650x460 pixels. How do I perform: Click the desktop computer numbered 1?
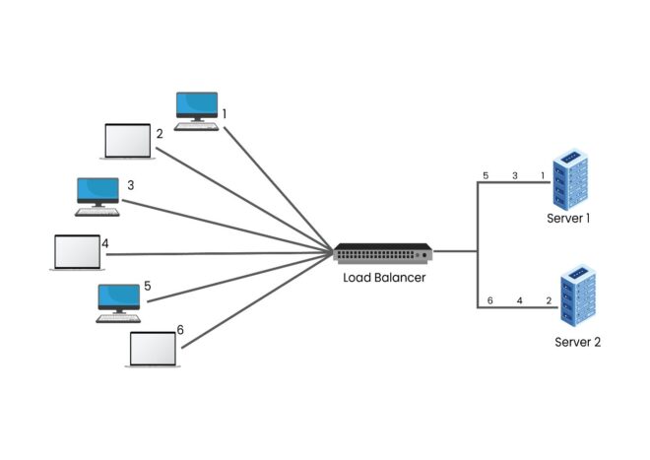pyautogui.click(x=197, y=108)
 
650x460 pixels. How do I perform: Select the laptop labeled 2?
pyautogui.click(x=129, y=142)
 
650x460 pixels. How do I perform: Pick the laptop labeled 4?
pyautogui.click(x=78, y=252)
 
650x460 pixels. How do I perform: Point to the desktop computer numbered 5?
pyautogui.click(x=118, y=299)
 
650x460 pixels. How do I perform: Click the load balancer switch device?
pyautogui.click(x=383, y=253)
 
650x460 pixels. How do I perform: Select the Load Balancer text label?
pyautogui.click(x=383, y=278)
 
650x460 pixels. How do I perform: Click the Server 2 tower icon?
pyautogui.click(x=578, y=295)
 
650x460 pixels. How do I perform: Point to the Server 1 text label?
pyautogui.click(x=568, y=218)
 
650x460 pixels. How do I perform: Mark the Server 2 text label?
pyautogui.click(x=577, y=342)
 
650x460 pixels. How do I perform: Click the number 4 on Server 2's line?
pyautogui.click(x=518, y=300)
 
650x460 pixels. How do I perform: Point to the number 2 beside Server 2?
pyautogui.click(x=548, y=300)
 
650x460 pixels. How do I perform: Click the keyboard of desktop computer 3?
pyautogui.click(x=97, y=211)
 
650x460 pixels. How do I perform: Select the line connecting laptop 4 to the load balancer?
pyautogui.click(x=217, y=254)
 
